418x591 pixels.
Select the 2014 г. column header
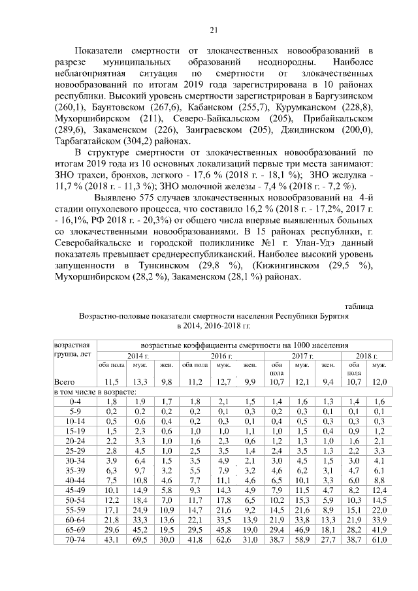pyautogui.click(x=138, y=356)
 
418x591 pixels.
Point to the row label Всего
pyautogui.click(x=65, y=381)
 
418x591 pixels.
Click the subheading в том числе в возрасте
pyautogui.click(x=95, y=391)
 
